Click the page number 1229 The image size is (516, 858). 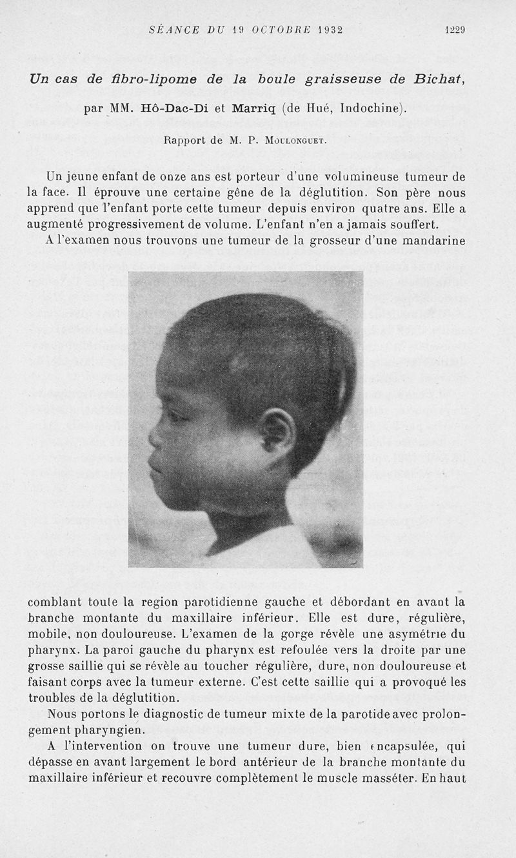[454, 30]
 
